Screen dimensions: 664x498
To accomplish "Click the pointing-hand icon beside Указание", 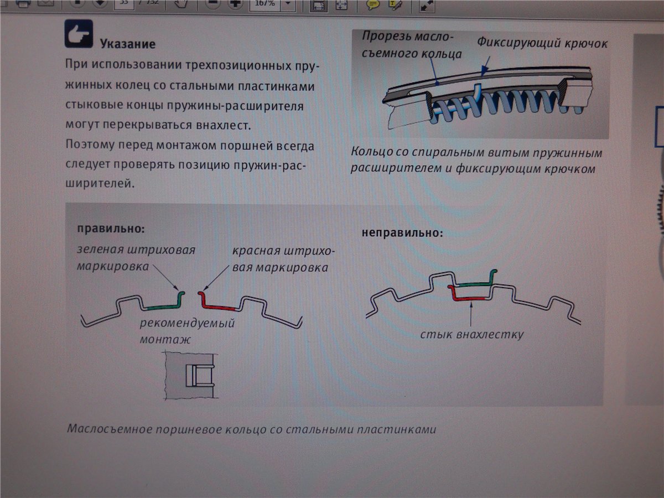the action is (79, 34).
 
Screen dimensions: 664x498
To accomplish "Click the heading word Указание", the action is (128, 44).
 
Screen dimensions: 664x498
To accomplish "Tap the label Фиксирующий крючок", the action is (542, 43).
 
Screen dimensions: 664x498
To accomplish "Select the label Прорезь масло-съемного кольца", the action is (412, 45).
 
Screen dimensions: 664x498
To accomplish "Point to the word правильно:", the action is (111, 229).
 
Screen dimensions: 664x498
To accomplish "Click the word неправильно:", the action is (402, 232).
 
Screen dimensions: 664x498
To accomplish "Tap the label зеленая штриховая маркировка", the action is (136, 258).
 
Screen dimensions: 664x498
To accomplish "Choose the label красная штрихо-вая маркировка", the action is (283, 259).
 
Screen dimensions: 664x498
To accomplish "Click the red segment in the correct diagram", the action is (216, 306).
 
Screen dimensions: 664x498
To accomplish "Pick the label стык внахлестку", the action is (471, 334).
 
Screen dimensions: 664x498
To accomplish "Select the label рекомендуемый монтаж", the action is (187, 331).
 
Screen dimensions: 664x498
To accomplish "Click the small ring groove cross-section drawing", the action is (191, 375).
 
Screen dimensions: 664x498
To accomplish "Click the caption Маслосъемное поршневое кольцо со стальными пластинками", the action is (251, 429).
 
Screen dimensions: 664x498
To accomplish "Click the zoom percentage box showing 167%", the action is (264, 4).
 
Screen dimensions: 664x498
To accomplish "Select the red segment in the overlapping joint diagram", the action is (468, 295).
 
